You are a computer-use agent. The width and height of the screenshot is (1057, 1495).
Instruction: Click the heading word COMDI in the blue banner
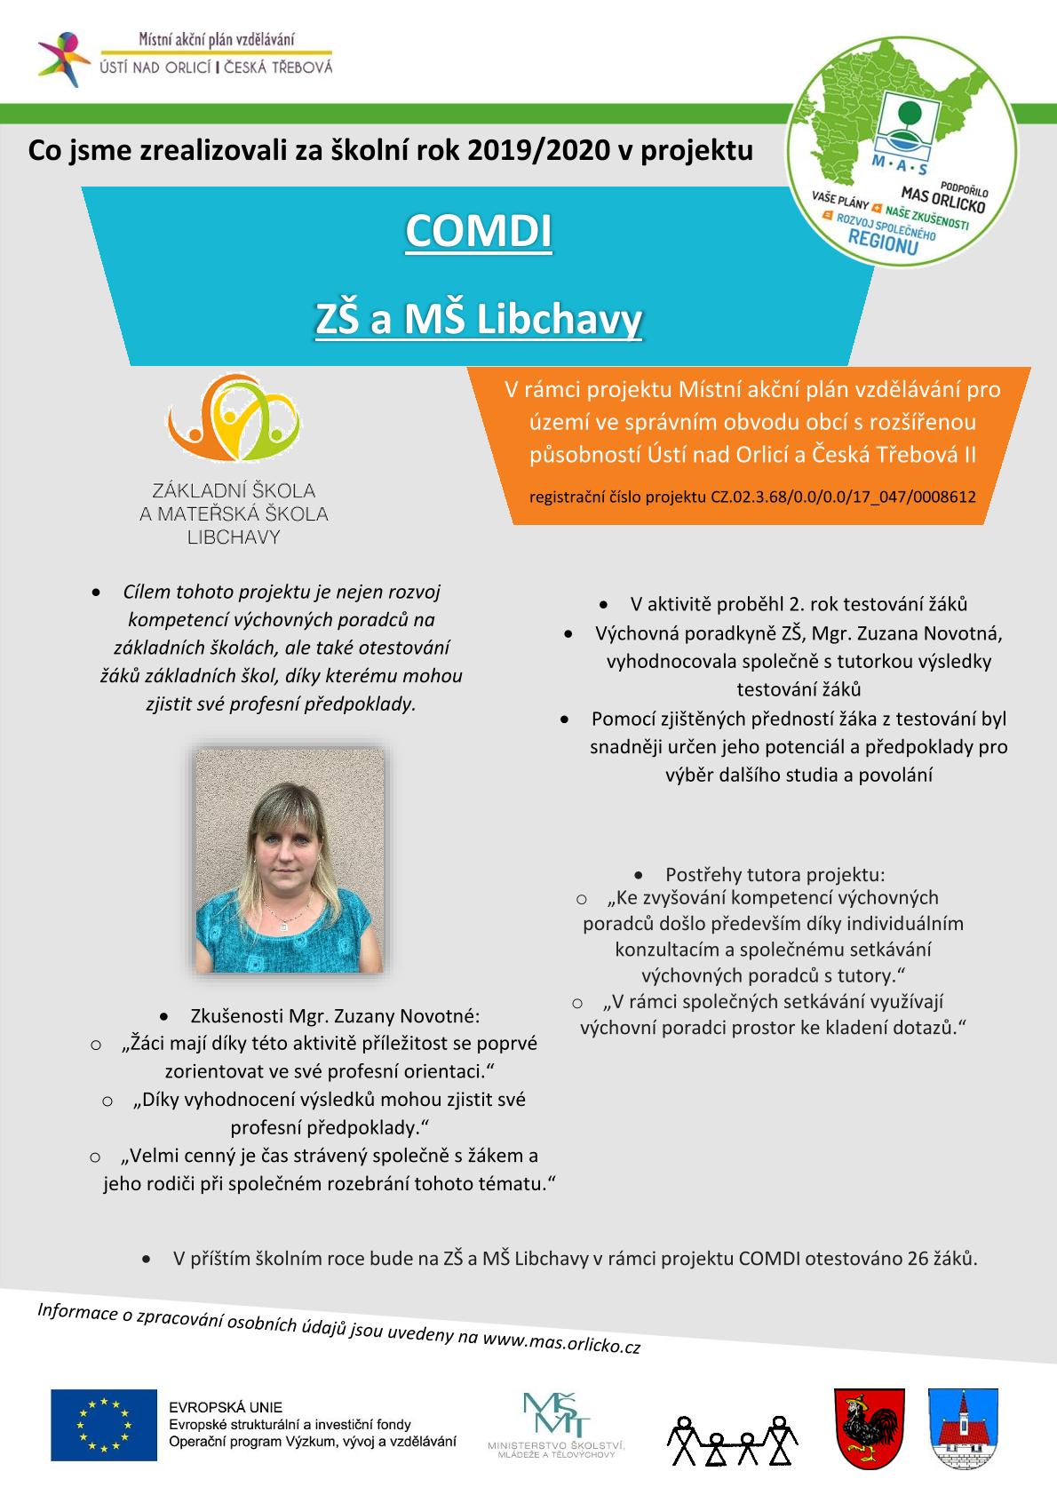(x=479, y=231)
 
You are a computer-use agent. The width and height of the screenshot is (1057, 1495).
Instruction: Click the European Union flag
(x=103, y=1425)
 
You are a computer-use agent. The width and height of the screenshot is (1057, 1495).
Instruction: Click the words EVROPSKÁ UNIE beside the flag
(x=226, y=1407)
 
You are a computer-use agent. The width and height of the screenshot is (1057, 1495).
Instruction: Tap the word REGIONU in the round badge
(x=884, y=240)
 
